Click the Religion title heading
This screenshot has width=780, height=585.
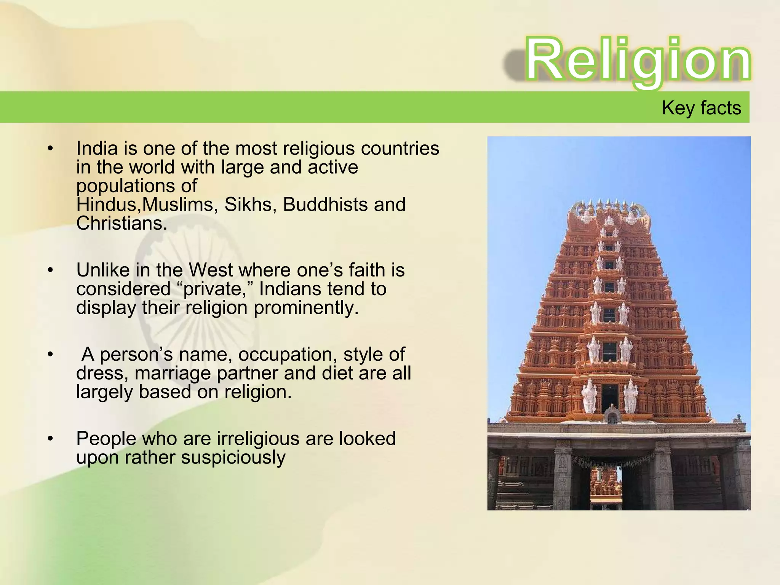(x=638, y=60)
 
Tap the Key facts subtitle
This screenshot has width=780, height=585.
(x=701, y=108)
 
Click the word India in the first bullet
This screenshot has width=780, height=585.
(x=97, y=148)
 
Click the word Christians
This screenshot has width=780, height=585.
(x=121, y=223)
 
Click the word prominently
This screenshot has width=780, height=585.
(x=306, y=308)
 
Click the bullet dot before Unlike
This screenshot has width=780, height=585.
(x=50, y=270)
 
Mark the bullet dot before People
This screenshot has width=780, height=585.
(x=50, y=439)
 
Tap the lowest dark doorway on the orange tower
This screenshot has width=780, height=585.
(x=609, y=396)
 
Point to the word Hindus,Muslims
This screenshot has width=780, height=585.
(x=147, y=205)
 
